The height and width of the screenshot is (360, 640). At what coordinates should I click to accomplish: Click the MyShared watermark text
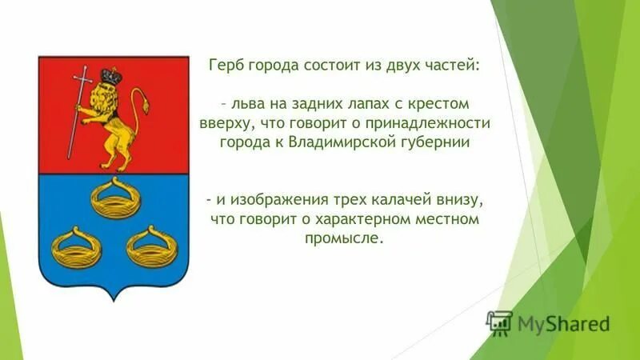click(563, 324)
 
